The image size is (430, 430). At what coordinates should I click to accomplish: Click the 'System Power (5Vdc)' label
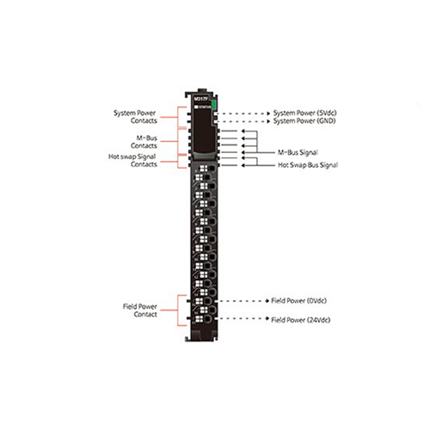[304, 113]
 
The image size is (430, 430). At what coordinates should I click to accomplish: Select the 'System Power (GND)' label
[304, 123]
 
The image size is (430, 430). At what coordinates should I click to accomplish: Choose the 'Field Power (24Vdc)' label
[300, 320]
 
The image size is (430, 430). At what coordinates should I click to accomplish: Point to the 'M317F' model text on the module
[200, 98]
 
